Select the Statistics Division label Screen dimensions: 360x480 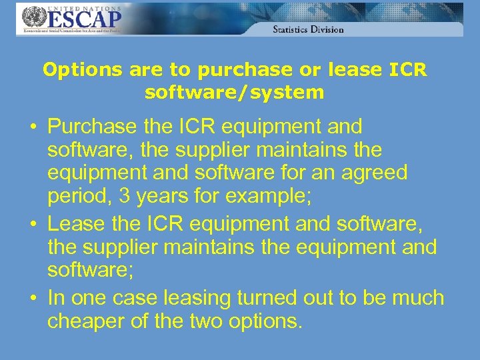tap(308, 29)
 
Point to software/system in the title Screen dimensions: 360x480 tap(235, 92)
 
